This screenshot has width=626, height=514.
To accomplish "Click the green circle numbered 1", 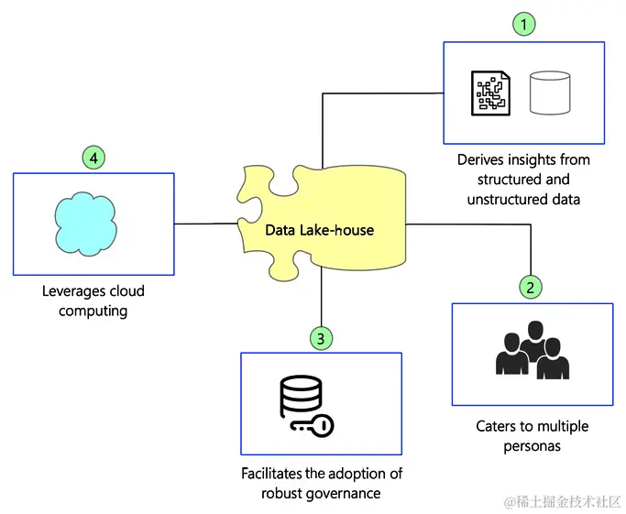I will click(x=523, y=25).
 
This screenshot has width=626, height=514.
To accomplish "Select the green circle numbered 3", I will click(x=320, y=339).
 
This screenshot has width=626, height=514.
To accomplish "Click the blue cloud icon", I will click(x=83, y=222).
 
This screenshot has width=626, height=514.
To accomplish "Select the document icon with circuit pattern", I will click(x=491, y=93).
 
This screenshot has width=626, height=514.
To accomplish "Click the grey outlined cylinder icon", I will click(x=550, y=93).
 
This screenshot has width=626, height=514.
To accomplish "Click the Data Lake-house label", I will click(x=320, y=230).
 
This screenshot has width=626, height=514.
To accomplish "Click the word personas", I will click(x=532, y=446).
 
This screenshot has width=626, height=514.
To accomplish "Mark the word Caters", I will click(x=496, y=426).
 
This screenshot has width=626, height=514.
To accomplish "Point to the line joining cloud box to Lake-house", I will click(x=207, y=223).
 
